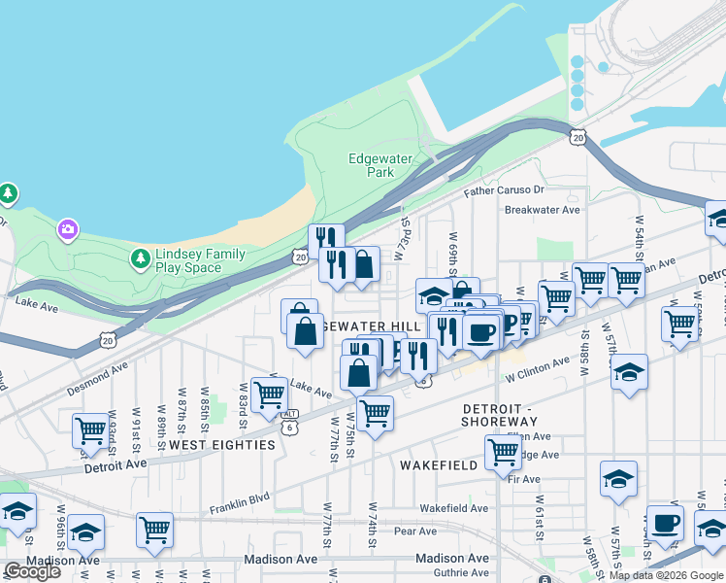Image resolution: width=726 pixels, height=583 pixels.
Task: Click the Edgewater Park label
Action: click(x=380, y=165)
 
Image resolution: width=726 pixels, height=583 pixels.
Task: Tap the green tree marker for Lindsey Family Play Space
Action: click(x=140, y=258)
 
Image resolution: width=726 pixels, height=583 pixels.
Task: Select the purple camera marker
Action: click(x=67, y=229)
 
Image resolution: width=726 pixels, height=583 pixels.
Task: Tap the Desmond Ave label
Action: click(x=97, y=379)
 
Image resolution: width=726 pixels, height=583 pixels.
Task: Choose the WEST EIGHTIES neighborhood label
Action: click(x=222, y=444)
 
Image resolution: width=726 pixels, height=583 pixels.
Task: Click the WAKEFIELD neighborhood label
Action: click(x=439, y=465)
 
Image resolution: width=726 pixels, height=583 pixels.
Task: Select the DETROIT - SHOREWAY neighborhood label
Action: click(x=500, y=415)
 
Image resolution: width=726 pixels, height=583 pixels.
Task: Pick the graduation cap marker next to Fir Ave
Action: click(x=618, y=477)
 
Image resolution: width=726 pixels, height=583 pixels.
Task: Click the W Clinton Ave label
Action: click(x=536, y=370)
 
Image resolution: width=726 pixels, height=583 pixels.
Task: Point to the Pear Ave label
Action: click(x=415, y=532)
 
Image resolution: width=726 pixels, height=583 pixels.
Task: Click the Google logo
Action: click(x=32, y=571)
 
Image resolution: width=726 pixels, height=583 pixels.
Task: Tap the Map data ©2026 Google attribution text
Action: click(x=665, y=575)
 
